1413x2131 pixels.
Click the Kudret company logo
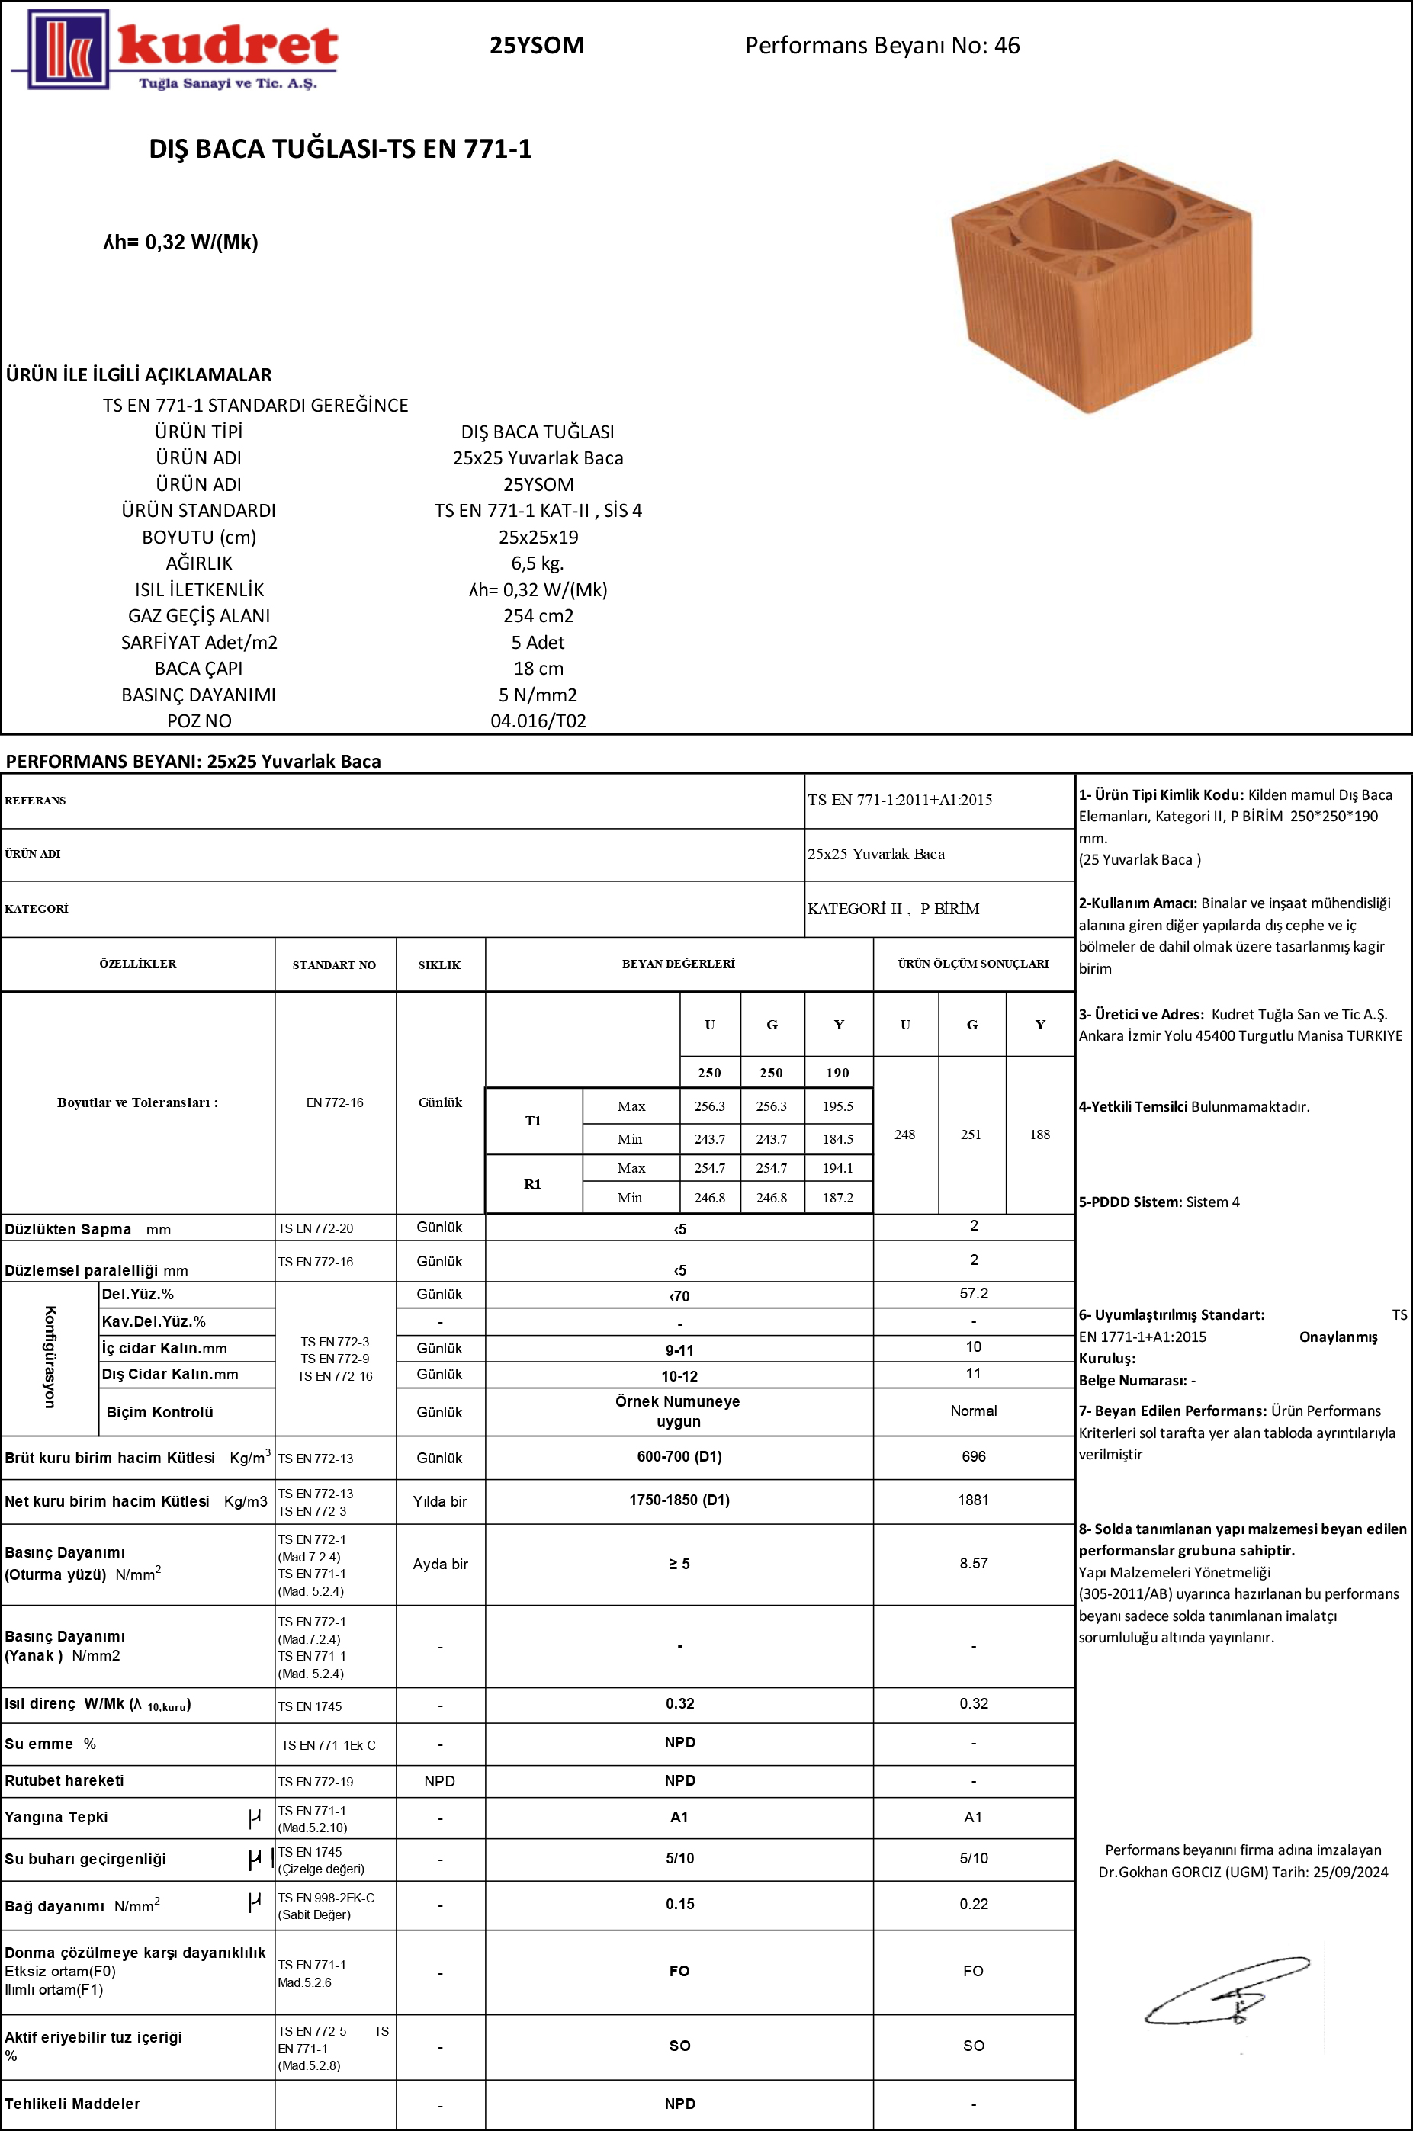click(175, 50)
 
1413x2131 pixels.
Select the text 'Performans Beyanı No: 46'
click(882, 46)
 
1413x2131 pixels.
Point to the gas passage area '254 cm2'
click(538, 615)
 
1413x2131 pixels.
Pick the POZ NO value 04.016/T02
click(538, 720)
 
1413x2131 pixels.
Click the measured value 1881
click(973, 1500)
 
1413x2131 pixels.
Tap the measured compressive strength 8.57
click(973, 1563)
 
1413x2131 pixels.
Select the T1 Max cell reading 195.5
click(837, 1106)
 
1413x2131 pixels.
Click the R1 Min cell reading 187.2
click(837, 1198)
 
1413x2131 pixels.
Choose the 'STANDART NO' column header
click(334, 965)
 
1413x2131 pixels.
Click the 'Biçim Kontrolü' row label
click(159, 1412)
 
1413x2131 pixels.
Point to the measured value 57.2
click(973, 1293)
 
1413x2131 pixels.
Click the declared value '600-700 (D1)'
click(679, 1456)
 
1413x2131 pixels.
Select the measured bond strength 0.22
click(973, 1904)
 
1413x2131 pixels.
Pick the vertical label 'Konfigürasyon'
click(50, 1356)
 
